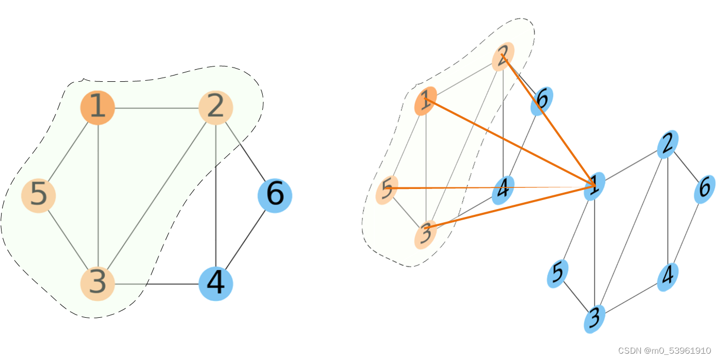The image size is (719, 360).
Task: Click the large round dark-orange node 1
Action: point(98,108)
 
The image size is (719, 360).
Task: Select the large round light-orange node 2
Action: point(216,108)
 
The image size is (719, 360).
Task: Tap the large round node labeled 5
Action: point(39,196)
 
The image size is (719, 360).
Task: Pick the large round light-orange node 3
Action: point(98,283)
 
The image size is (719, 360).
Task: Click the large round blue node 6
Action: point(275,196)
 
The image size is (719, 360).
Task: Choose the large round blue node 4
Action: point(216,283)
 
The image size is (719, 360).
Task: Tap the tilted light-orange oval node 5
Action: point(387,190)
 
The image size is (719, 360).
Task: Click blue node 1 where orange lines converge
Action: point(595,186)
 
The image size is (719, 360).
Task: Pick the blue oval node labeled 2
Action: point(667,144)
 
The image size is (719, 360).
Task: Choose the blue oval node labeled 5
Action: point(557,273)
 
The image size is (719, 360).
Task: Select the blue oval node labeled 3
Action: point(594,319)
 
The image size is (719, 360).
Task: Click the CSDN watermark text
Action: point(664,350)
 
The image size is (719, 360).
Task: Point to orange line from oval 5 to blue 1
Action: point(491,187)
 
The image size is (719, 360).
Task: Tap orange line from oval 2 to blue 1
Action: point(549,121)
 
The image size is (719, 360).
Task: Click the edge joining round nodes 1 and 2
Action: point(157,108)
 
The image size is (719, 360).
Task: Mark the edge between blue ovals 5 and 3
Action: point(576,296)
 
